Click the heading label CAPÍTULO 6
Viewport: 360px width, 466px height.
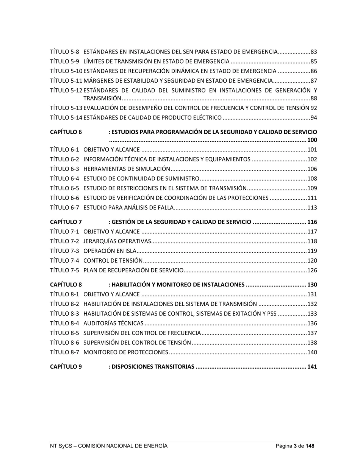tap(66, 132)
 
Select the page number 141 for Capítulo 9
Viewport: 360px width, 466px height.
tap(312, 367)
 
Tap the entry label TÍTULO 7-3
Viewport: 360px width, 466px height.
tap(64, 251)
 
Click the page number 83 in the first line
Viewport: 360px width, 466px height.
tap(314, 52)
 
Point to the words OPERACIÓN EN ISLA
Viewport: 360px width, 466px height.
tap(109, 251)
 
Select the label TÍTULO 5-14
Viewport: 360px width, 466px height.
tap(66, 117)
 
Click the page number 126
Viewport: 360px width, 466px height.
tap(312, 270)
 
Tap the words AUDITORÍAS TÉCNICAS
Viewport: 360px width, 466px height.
tap(113, 323)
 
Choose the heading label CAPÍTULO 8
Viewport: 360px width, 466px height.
tap(66, 285)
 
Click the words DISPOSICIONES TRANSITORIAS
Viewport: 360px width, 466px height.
tap(153, 367)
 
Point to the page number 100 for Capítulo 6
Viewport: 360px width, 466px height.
tap(312, 140)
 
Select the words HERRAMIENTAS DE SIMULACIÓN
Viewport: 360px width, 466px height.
tap(127, 169)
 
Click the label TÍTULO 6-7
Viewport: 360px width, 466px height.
tap(64, 208)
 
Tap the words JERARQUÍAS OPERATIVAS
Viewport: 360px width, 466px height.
tap(117, 241)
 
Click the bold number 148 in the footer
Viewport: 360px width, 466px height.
tap(310, 446)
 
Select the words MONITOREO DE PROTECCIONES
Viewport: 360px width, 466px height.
tap(125, 352)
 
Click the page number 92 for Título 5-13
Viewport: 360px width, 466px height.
tap(314, 108)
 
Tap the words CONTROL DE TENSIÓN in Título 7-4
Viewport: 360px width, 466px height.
tap(113, 261)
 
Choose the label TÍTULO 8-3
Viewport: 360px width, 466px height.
tap(64, 314)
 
